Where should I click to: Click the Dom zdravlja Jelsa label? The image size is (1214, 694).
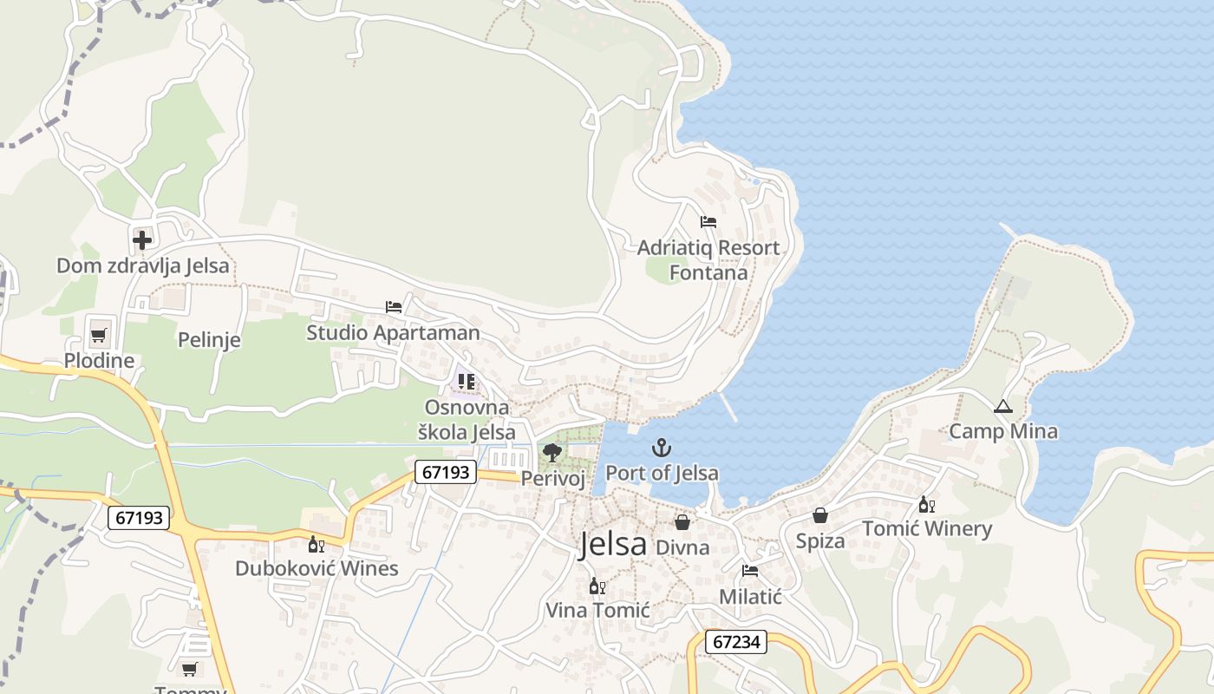(x=143, y=265)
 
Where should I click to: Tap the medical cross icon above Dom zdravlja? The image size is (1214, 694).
(x=142, y=239)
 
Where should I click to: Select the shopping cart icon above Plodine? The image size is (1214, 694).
(x=99, y=335)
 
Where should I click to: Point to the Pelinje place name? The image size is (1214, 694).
(x=209, y=339)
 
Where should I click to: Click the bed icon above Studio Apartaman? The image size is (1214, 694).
(x=394, y=307)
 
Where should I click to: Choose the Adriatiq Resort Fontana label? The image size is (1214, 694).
(x=708, y=259)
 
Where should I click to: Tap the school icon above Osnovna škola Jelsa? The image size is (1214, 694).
(x=467, y=381)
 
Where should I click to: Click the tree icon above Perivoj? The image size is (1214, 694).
(x=552, y=452)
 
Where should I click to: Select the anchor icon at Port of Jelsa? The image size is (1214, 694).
(x=662, y=448)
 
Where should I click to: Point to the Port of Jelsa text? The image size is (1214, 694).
(x=662, y=473)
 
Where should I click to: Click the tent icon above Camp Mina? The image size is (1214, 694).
(x=1003, y=406)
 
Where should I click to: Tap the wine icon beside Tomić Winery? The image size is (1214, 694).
(x=927, y=504)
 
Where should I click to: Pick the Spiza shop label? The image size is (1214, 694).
(x=820, y=541)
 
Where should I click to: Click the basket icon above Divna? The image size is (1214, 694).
(x=682, y=522)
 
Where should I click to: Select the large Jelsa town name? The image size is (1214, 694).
(x=613, y=544)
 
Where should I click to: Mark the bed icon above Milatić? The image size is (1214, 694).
(x=750, y=571)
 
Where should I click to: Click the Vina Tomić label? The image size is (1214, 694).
(x=597, y=610)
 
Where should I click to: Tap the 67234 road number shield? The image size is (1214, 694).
(x=736, y=642)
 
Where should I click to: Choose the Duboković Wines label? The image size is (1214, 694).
(x=317, y=568)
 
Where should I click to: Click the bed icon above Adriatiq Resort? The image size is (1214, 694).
(x=708, y=221)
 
